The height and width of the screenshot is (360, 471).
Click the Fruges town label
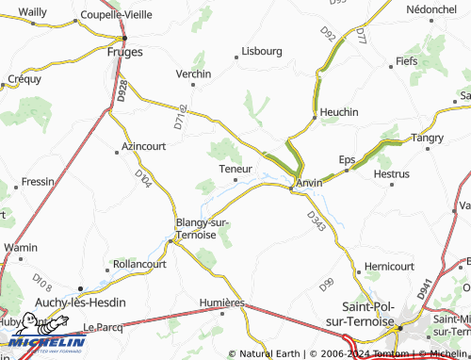[125, 53]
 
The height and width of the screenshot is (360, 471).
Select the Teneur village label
[235, 169]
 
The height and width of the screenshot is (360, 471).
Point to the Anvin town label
[309, 182]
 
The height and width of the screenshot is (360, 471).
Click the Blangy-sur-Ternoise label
[203, 228]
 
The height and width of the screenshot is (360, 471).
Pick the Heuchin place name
[339, 112]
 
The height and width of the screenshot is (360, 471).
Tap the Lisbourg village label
[262, 51]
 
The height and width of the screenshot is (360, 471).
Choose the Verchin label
[192, 73]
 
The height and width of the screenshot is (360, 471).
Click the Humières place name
[221, 303]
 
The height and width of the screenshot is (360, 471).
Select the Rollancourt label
[139, 265]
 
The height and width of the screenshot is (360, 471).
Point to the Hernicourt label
[388, 267]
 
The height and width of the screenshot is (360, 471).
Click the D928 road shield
[123, 90]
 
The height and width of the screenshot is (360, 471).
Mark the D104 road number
[143, 176]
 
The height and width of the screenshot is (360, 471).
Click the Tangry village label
[427, 139]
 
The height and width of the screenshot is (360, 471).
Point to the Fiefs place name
[406, 61]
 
